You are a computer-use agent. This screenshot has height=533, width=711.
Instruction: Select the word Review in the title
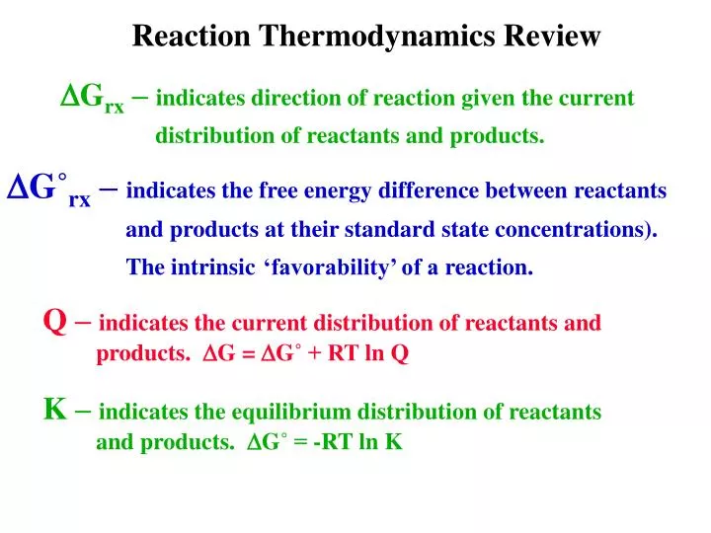(x=552, y=37)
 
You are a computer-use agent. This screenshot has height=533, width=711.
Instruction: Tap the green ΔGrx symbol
(x=93, y=99)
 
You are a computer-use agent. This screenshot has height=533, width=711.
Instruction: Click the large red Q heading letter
(x=55, y=320)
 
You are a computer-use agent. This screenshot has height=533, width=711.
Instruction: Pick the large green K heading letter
(x=55, y=409)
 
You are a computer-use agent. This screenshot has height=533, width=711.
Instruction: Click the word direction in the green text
(x=292, y=99)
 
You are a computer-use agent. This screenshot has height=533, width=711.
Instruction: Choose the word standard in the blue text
(x=383, y=230)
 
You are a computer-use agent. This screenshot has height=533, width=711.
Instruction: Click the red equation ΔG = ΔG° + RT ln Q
(x=305, y=355)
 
